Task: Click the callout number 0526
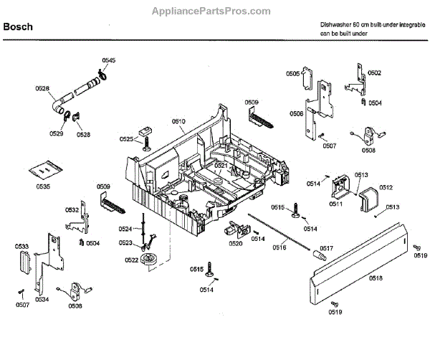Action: pos(42,88)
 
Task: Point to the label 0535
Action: pos(44,187)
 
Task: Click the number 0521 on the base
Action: pos(221,166)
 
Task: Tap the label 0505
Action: pos(293,74)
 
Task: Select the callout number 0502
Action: pos(374,73)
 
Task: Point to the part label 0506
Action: pos(296,113)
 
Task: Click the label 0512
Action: pos(386,188)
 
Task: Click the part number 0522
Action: pos(131,260)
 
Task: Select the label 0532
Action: pos(72,210)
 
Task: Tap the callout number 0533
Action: pos(22,247)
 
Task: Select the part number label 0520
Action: pos(236,244)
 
